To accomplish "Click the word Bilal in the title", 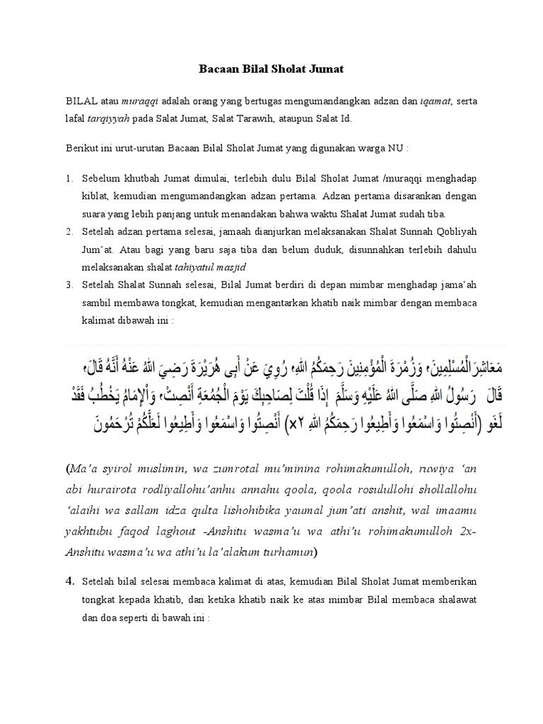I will (x=258, y=69).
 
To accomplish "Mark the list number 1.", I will (x=69, y=180).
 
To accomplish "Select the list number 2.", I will (x=69, y=232).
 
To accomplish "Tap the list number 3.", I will (x=69, y=284).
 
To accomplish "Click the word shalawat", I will (x=457, y=600).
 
